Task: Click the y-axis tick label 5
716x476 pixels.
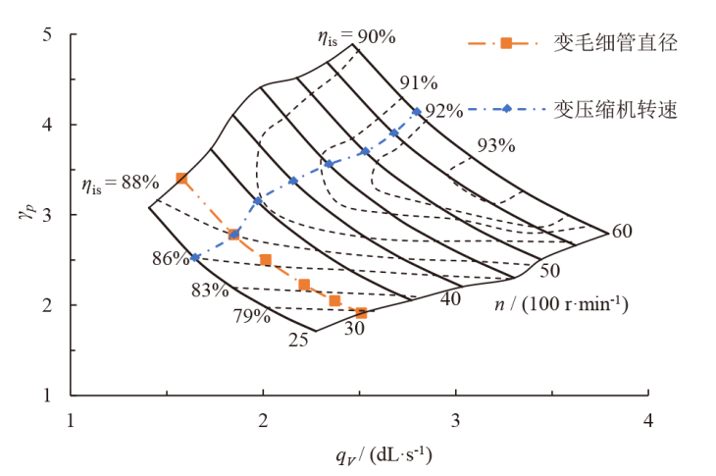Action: (x=47, y=35)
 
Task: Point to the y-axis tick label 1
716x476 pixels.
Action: (x=47, y=396)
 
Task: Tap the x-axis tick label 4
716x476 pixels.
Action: (x=647, y=420)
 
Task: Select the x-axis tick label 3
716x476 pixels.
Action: (x=455, y=420)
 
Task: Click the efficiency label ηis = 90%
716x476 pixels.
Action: (x=355, y=37)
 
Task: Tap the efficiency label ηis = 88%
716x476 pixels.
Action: (x=120, y=182)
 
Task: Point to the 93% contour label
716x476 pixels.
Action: (x=495, y=145)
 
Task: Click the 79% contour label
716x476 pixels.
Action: (x=251, y=316)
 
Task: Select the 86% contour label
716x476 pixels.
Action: (x=171, y=259)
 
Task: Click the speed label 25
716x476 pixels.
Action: (x=299, y=341)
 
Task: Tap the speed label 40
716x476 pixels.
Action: (x=451, y=298)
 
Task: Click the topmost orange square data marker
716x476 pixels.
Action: (x=181, y=179)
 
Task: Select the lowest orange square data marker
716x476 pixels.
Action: (x=362, y=313)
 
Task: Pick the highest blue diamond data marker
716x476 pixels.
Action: (x=417, y=112)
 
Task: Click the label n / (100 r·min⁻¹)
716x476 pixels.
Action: (x=562, y=304)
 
